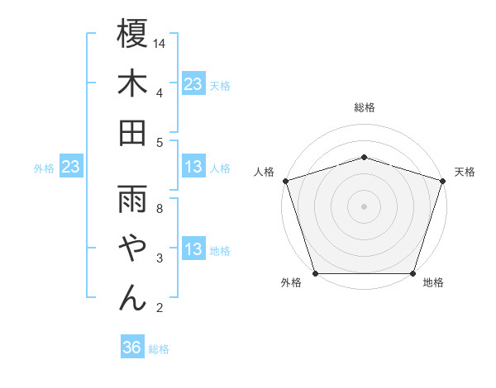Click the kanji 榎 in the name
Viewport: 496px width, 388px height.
(x=132, y=35)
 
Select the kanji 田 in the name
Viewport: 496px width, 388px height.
(x=132, y=132)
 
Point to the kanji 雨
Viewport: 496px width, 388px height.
(x=132, y=198)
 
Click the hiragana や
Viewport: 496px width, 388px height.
(x=132, y=248)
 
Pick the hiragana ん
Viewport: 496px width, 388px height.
(x=132, y=297)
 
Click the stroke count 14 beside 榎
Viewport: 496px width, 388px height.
(x=160, y=43)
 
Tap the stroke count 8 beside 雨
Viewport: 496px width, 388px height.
(x=160, y=208)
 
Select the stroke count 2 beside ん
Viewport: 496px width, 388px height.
(x=160, y=308)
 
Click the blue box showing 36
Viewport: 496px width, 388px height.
(x=132, y=348)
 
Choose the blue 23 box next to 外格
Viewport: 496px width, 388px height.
(x=71, y=168)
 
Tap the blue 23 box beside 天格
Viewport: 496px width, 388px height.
(x=193, y=84)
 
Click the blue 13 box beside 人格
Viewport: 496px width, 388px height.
(x=193, y=168)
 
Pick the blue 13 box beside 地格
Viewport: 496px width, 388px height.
(x=193, y=250)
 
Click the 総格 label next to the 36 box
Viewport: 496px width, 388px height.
(x=159, y=349)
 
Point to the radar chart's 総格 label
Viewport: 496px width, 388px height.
(x=365, y=107)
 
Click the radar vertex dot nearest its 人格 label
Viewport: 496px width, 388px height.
(x=285, y=181)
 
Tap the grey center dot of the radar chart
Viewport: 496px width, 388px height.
(x=364, y=206)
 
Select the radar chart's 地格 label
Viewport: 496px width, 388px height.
(x=433, y=283)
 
